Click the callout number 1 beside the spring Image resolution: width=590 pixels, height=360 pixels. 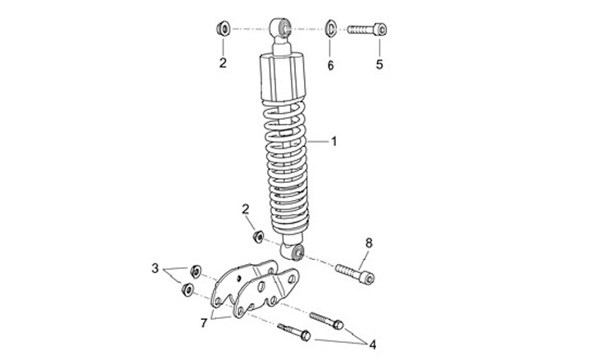click(334, 142)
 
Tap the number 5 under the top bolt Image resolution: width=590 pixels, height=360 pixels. click(379, 65)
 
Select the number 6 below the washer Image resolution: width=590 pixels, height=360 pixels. click(330, 66)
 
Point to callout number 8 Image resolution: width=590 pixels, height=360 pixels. click(369, 244)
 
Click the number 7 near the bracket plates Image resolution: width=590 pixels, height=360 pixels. click(204, 323)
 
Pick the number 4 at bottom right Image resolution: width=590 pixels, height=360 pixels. click(373, 344)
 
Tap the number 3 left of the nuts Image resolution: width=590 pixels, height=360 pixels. click(155, 268)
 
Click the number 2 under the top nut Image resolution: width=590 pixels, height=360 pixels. click(223, 63)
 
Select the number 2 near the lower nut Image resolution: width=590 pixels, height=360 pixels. click(246, 209)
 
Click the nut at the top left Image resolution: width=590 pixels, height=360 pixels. click(224, 29)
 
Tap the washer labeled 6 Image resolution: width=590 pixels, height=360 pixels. click(330, 29)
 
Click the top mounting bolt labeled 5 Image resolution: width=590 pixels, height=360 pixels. click(367, 29)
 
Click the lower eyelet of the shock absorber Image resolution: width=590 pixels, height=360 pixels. click(293, 251)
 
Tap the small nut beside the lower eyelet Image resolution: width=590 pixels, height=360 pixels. click(258, 237)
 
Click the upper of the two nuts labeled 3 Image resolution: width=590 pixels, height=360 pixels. click(195, 271)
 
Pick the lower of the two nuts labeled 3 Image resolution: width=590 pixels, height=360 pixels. click(187, 289)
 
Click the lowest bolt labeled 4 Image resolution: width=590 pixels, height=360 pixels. click(294, 331)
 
